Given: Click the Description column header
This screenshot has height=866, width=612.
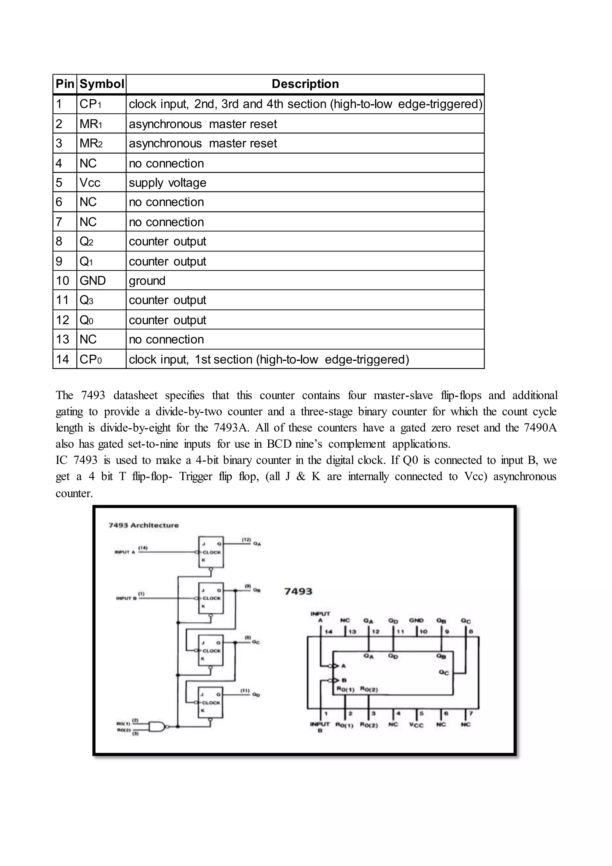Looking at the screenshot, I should tap(305, 84).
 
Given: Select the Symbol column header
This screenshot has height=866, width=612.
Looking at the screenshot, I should tap(101, 84).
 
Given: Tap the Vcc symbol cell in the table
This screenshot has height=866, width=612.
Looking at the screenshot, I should tap(90, 182).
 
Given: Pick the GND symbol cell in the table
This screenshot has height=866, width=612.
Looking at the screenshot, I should tap(93, 280).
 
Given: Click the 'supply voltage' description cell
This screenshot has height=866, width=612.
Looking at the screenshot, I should tap(168, 182).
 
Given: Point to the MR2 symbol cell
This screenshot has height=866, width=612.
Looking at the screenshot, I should tap(91, 143).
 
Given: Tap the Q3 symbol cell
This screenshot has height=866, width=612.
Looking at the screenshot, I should tap(86, 300).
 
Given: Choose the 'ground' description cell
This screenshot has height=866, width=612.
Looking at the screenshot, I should tap(147, 280).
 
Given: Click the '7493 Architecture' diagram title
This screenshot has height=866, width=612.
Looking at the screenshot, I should tap(143, 525).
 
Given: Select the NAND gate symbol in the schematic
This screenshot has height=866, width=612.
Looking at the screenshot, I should tap(157, 726).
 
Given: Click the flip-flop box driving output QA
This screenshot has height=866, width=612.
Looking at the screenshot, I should tap(211, 552).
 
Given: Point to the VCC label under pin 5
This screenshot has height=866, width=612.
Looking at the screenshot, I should tap(416, 725).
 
